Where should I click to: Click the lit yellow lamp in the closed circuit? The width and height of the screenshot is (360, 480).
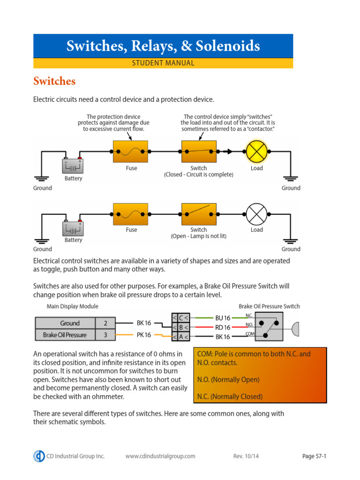point(256,152)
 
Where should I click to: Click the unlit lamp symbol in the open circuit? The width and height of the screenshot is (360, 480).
point(256,214)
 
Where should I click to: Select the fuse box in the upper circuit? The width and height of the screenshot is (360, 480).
point(131,152)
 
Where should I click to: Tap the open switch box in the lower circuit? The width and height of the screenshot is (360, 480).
point(199,214)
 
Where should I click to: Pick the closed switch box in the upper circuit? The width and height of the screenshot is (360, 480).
point(199,152)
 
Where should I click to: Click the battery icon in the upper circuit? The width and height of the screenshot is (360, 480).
point(73,165)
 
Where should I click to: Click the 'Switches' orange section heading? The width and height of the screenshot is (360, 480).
point(54,81)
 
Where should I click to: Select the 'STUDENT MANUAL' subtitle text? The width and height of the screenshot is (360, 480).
point(163,63)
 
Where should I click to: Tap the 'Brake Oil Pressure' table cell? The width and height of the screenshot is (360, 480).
point(65,335)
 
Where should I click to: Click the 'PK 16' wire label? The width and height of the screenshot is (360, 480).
point(144,335)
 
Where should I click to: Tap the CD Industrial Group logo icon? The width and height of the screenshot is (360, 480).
point(39,456)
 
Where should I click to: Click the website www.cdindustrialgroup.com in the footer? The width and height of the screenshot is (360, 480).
point(160,456)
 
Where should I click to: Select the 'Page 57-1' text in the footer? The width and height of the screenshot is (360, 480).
point(314,456)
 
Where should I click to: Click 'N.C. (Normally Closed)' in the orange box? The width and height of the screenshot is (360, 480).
point(230,397)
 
